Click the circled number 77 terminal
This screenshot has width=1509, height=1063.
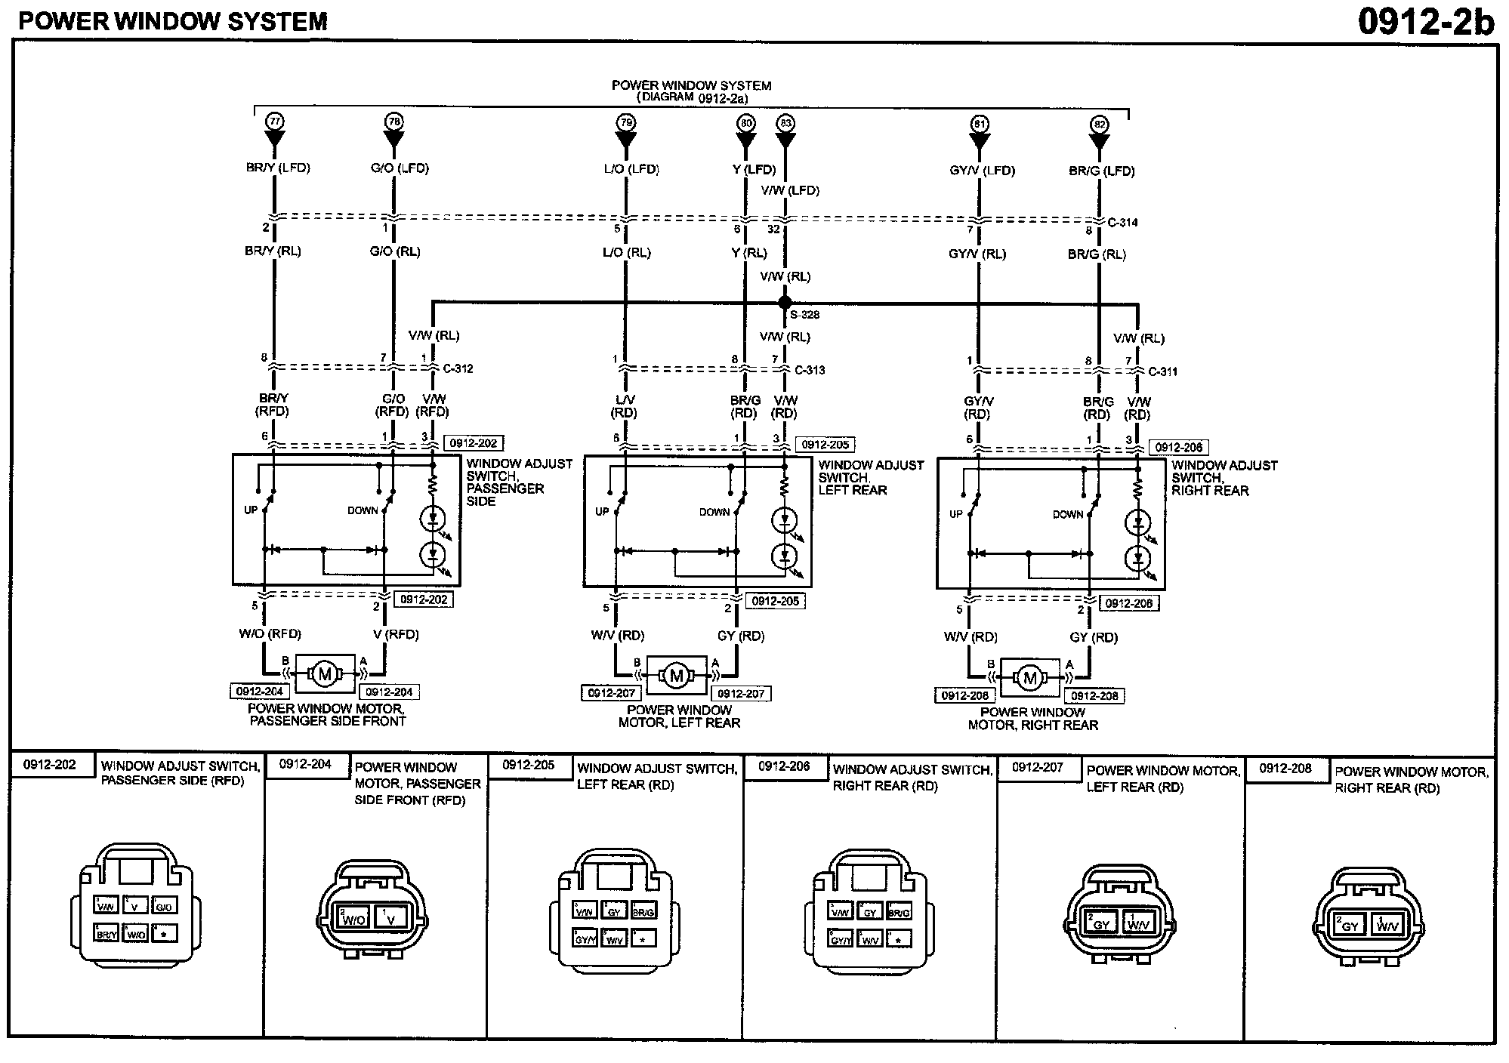(x=274, y=121)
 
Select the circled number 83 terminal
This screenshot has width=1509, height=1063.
(x=785, y=123)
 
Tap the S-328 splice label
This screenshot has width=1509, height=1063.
(x=805, y=315)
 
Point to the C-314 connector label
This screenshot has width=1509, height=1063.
(x=1122, y=223)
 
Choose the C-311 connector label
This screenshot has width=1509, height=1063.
(x=1162, y=371)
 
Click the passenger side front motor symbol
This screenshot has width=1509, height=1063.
(x=325, y=673)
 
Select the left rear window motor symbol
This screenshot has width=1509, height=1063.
(x=676, y=675)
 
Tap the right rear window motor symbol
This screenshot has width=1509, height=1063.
(x=1029, y=677)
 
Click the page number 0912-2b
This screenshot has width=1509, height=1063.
(x=1425, y=21)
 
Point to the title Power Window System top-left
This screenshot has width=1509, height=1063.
(x=173, y=21)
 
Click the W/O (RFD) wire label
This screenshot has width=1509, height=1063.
(x=270, y=634)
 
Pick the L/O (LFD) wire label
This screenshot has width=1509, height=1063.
(x=631, y=169)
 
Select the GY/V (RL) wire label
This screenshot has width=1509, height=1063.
(x=977, y=254)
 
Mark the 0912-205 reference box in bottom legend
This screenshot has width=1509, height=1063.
(x=529, y=765)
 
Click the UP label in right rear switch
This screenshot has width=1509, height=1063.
(x=956, y=514)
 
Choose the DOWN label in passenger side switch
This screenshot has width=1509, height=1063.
(x=363, y=510)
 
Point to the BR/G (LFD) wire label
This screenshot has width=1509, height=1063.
(x=1102, y=171)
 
